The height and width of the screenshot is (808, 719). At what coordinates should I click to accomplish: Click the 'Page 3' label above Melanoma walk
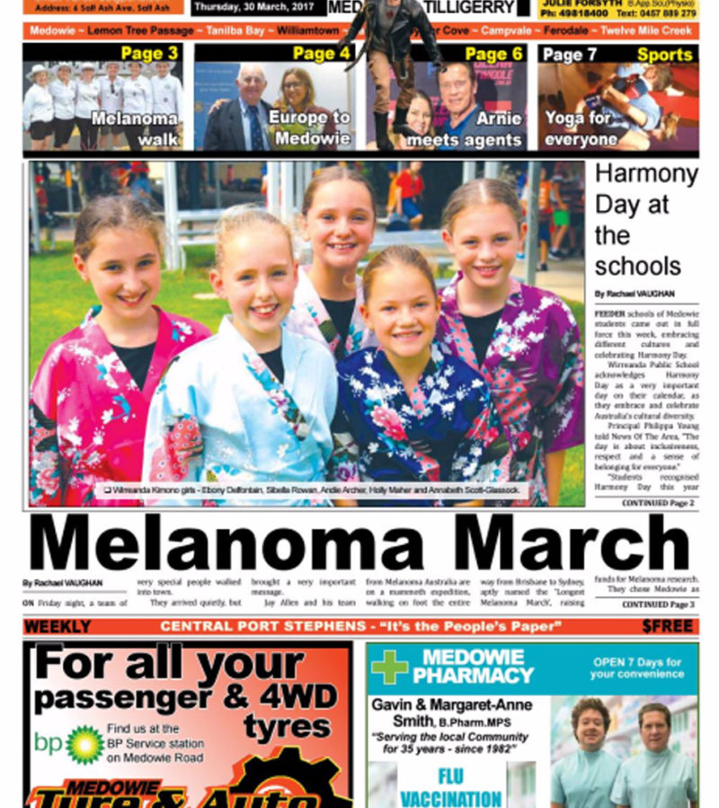(149, 54)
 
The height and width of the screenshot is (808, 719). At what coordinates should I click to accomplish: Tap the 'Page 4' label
(321, 54)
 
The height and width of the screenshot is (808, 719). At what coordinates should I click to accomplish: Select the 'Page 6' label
(493, 54)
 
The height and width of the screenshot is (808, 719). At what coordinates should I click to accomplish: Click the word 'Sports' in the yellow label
(664, 55)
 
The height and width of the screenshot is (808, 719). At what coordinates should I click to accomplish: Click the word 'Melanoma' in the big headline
(227, 544)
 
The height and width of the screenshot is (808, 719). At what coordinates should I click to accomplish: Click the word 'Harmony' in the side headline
(646, 173)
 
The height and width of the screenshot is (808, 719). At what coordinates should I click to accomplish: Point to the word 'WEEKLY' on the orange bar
(58, 627)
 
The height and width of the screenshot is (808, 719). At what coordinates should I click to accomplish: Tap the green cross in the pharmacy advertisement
(389, 667)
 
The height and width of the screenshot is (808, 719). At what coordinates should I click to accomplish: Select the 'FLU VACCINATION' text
(451, 786)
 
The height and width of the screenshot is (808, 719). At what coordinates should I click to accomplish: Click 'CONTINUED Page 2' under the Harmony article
(658, 504)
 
